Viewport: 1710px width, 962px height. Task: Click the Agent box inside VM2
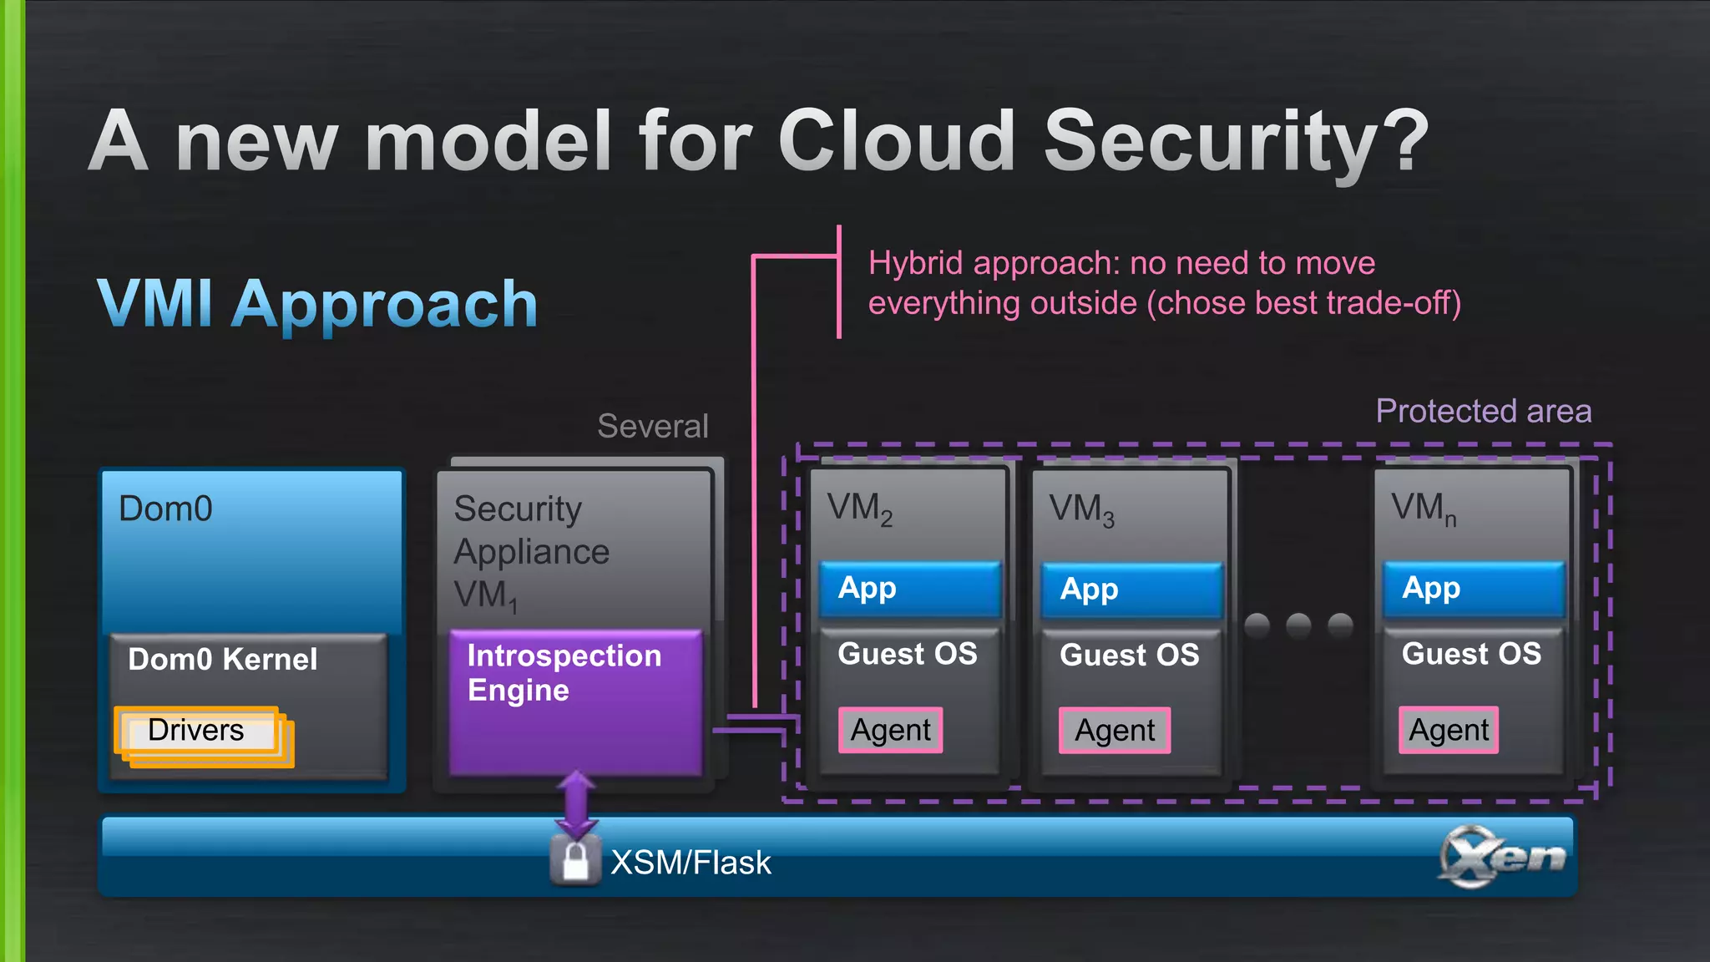point(891,730)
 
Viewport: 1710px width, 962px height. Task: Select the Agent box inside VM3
point(1115,731)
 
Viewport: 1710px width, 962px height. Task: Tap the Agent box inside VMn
point(1449,731)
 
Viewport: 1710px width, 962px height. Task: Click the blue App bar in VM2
point(910,589)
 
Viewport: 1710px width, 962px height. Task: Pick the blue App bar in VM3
point(1131,590)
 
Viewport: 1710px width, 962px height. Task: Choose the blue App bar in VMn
point(1473,589)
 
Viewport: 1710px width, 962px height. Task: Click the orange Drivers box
point(197,731)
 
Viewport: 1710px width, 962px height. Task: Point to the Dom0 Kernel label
point(223,660)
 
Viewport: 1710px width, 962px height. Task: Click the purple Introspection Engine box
point(575,701)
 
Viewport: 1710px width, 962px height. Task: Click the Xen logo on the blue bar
point(1501,857)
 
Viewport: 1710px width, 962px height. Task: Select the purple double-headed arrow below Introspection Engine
point(576,804)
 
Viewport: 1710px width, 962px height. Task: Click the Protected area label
point(1483,411)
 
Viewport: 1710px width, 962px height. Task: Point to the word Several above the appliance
point(653,427)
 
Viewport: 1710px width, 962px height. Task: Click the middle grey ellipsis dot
point(1298,625)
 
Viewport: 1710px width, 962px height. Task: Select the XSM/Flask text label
point(691,863)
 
